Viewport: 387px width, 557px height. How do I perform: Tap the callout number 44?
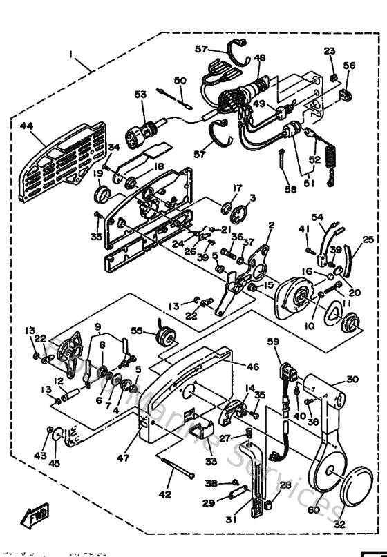click(27, 127)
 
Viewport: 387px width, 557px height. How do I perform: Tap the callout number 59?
click(274, 342)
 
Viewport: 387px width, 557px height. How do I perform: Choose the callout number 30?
click(353, 379)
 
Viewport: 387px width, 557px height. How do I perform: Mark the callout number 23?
click(329, 51)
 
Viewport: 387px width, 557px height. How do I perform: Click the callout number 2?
click(271, 225)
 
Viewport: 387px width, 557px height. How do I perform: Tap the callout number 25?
click(368, 240)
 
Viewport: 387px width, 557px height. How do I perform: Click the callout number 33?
click(211, 461)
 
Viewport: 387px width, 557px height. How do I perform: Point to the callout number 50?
click(180, 81)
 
